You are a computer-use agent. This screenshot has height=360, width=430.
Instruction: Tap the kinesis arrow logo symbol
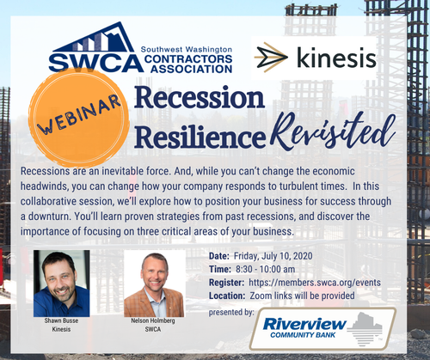271,58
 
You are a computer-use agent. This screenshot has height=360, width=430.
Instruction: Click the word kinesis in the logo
336,58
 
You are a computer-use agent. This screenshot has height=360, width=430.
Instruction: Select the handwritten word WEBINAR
79,115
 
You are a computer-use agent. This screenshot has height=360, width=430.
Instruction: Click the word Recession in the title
200,97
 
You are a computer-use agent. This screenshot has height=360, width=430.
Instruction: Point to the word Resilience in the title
200,137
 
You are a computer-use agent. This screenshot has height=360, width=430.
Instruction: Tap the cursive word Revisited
332,131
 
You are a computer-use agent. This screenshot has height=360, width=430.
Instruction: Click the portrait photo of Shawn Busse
62,284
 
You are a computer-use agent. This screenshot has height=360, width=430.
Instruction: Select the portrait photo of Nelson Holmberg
155,284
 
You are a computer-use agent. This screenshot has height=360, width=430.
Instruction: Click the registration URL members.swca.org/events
315,283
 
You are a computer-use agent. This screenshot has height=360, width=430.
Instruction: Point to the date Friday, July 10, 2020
273,256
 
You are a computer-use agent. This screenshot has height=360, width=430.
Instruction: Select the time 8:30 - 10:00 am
266,269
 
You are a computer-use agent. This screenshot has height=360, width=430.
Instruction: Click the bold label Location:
227,296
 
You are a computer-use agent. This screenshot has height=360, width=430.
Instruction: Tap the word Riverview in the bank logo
304,324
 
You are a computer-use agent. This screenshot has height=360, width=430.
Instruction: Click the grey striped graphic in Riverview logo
365,329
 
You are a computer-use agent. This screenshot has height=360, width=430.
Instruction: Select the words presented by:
231,312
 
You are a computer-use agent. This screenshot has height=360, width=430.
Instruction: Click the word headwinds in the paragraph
44,186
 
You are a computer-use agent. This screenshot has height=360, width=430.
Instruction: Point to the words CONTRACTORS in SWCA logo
188,59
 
